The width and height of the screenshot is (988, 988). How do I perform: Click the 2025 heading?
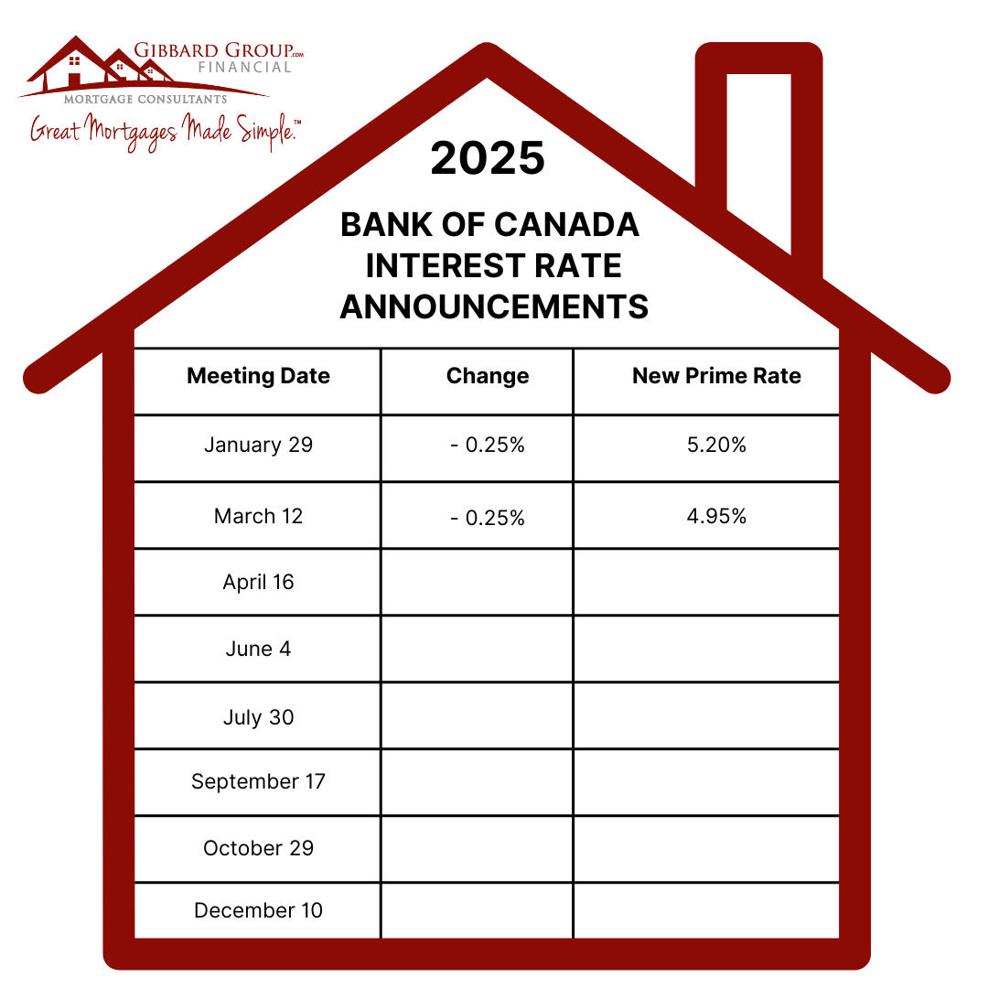click(488, 158)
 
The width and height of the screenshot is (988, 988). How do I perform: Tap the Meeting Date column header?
click(258, 376)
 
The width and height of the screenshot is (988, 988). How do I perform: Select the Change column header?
click(488, 376)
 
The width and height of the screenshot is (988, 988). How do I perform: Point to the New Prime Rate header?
click(716, 376)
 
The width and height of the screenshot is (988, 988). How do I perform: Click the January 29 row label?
click(258, 446)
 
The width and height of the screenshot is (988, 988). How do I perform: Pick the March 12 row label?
click(258, 516)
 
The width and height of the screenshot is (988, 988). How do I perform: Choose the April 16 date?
click(258, 583)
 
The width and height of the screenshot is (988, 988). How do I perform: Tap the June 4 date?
click(258, 649)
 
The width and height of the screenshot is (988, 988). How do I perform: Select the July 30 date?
click(258, 717)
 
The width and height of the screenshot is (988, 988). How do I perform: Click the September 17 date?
click(258, 782)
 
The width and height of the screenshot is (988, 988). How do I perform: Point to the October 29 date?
click(258, 848)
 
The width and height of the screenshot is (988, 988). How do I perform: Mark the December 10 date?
click(258, 911)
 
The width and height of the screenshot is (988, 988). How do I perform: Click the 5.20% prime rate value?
click(716, 446)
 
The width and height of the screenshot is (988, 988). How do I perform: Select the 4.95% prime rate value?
click(716, 516)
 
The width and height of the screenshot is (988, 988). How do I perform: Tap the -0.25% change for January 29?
click(488, 446)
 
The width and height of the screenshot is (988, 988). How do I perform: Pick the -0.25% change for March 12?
click(488, 518)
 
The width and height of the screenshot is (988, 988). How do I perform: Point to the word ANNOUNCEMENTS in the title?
click(494, 306)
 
